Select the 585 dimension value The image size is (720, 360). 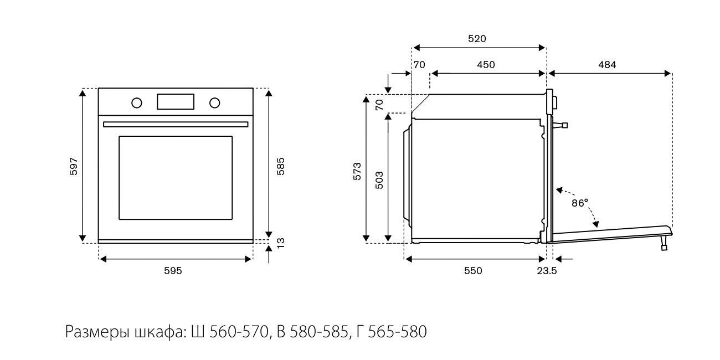(281, 166)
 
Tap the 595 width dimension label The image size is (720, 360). (173, 270)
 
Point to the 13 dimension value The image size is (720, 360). (281, 242)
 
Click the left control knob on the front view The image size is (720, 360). (136, 102)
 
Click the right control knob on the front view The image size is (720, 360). (214, 102)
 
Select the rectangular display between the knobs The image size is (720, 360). (176, 102)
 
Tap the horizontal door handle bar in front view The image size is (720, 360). (176, 124)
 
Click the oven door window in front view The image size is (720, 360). (176, 177)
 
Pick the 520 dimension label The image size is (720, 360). (477, 38)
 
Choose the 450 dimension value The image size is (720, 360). (486, 65)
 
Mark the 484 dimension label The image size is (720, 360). (607, 65)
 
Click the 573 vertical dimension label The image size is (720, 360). (357, 171)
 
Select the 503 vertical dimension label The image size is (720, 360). (379, 181)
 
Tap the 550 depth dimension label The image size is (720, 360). (473, 270)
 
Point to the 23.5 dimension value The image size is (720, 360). (546, 270)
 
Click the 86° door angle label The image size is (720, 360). (579, 203)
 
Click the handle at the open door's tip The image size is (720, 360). (664, 243)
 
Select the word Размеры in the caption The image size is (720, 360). (97, 332)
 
